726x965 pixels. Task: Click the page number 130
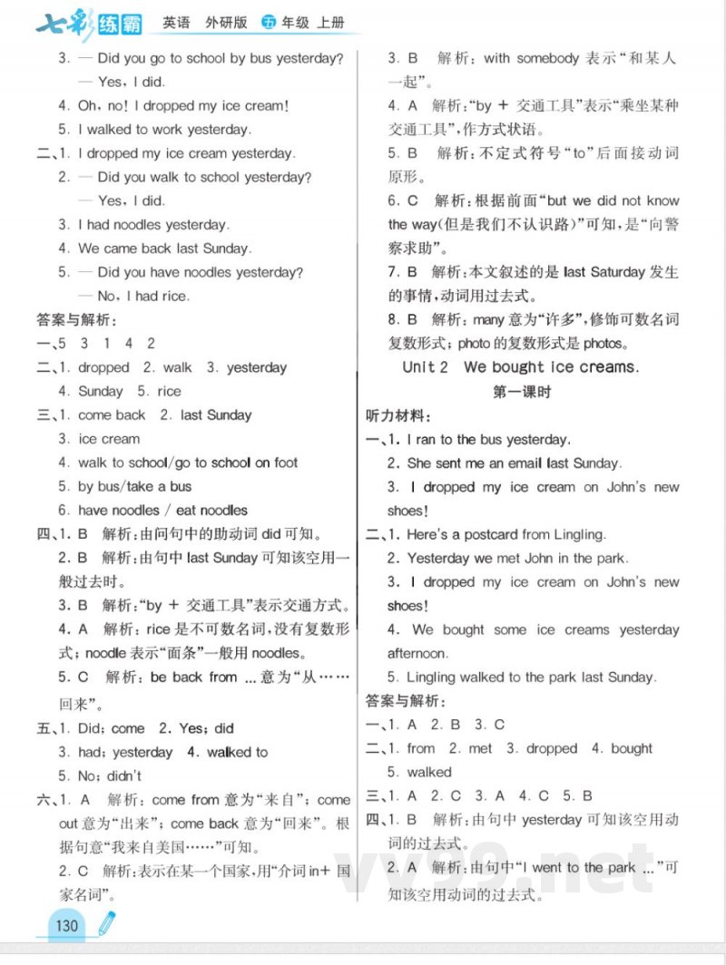67,926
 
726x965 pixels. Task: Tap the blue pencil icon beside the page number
106,924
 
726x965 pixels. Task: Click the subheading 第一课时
521,392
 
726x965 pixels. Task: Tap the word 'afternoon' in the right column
417,653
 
